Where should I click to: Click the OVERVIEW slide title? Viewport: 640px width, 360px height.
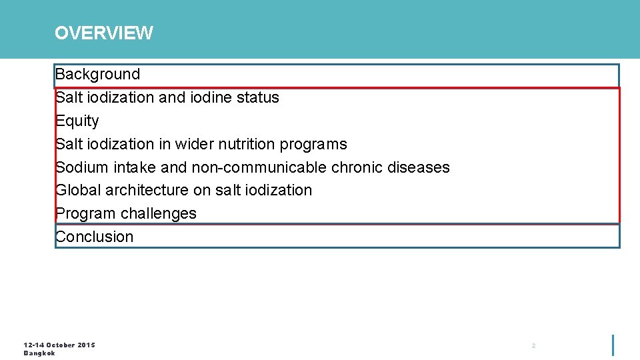[x=103, y=33]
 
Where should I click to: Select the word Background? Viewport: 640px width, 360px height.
[x=98, y=74]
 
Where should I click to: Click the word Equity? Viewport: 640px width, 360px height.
[x=77, y=121]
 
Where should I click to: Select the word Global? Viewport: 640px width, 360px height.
[x=78, y=190]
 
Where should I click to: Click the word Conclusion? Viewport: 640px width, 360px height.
[x=95, y=237]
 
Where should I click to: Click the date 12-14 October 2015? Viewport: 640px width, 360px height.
[x=59, y=345]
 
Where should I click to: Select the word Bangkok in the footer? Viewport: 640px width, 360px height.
[x=39, y=353]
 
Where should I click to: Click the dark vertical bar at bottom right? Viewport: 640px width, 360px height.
[x=613, y=345]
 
